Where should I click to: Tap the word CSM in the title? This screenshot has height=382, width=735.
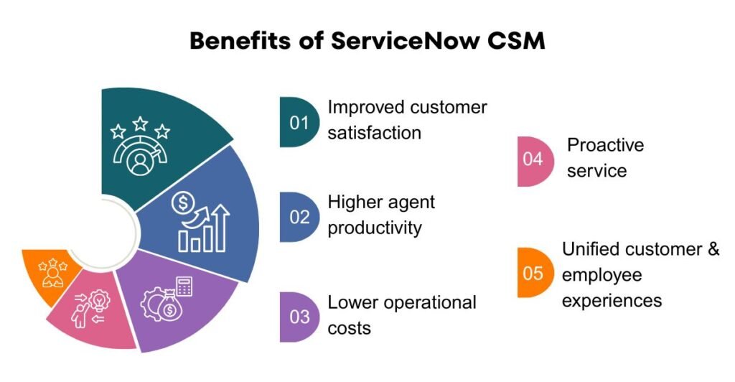[516, 41]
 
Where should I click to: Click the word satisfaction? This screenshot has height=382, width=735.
[374, 133]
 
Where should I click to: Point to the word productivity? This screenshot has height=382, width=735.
[375, 228]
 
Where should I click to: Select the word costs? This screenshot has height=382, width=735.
[349, 328]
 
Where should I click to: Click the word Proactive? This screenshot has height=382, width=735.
[605, 145]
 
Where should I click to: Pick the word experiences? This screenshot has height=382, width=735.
[612, 299]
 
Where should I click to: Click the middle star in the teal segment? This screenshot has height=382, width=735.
[141, 124]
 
